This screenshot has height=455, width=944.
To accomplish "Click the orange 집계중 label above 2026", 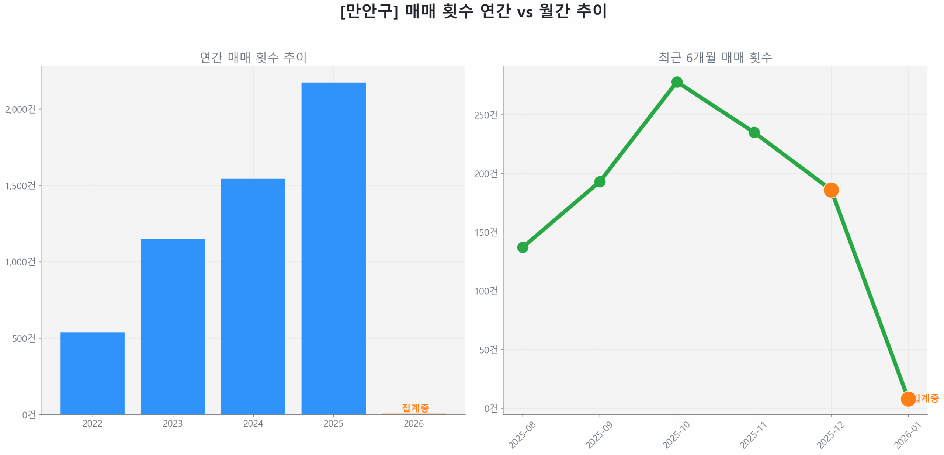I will click(415, 407).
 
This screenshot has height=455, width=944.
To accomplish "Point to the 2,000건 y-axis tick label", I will click(20, 109).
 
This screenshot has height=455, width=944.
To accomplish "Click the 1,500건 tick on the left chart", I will click(20, 185).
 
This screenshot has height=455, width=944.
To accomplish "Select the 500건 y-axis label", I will click(24, 338).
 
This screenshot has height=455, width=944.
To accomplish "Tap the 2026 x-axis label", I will click(414, 423).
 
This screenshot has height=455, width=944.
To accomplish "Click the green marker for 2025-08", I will click(523, 247).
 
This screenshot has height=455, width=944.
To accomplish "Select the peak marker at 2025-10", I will click(677, 82).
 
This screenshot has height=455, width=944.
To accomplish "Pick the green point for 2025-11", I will click(754, 132).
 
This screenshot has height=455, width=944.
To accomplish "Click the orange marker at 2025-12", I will click(831, 190).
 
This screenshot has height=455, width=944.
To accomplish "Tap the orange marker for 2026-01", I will click(908, 399).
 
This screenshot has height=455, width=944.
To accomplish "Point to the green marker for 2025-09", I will click(600, 182).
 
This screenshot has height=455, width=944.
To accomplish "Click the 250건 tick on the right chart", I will click(486, 115).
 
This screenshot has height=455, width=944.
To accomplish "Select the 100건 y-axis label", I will click(486, 291).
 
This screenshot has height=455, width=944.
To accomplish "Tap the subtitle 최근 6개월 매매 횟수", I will click(715, 57).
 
